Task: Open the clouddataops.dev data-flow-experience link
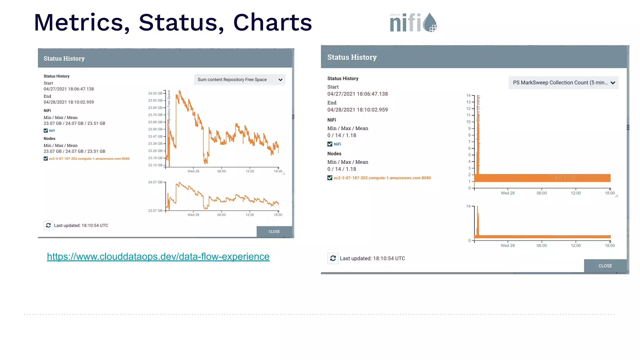[158, 257]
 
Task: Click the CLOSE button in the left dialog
[274, 232]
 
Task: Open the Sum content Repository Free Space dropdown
[239, 80]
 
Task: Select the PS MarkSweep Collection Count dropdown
[563, 83]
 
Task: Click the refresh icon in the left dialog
[48, 225]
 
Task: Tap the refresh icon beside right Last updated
[333, 258]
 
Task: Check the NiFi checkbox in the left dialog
[46, 131]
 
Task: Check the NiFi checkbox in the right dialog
[330, 144]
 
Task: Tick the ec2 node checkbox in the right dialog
[330, 178]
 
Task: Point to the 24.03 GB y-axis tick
[155, 93]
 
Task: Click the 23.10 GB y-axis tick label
[155, 165]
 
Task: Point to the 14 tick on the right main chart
[468, 96]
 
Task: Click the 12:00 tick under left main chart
[250, 171]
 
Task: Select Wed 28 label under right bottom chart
[507, 246]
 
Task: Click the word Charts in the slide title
[272, 22]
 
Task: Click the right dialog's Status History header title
[352, 57]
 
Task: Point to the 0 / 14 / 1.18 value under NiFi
[342, 135]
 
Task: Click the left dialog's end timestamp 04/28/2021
[69, 102]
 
